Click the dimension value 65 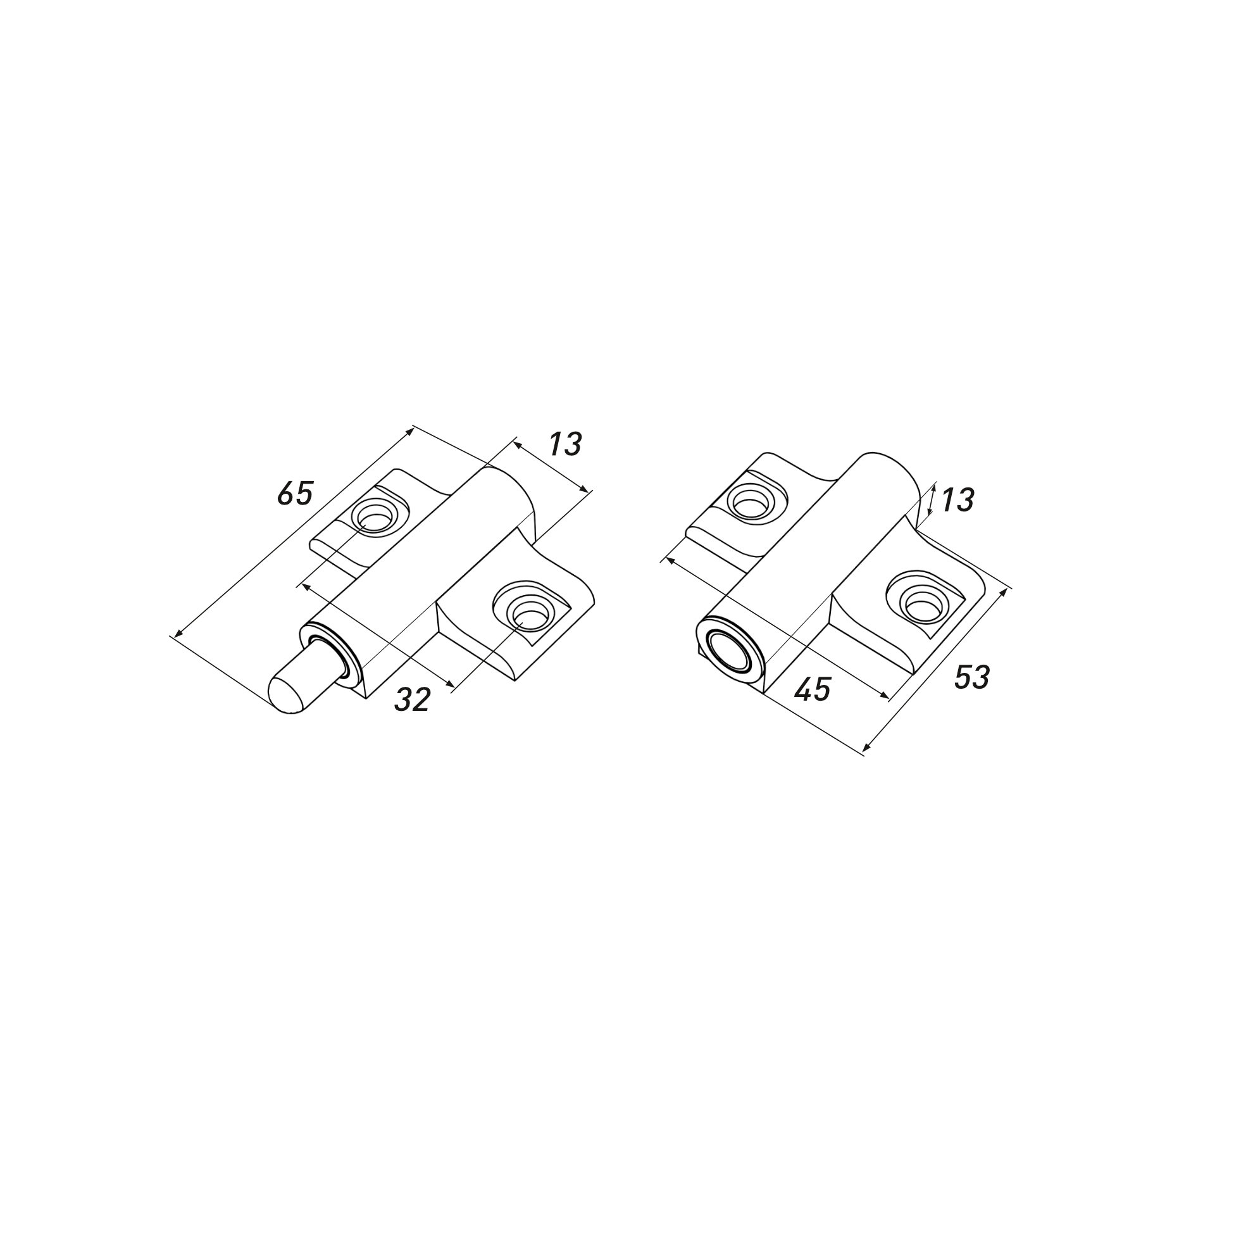(295, 493)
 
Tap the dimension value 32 (412, 699)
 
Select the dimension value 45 (813, 690)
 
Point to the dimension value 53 (971, 677)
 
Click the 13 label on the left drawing (565, 444)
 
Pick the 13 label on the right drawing (957, 499)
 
